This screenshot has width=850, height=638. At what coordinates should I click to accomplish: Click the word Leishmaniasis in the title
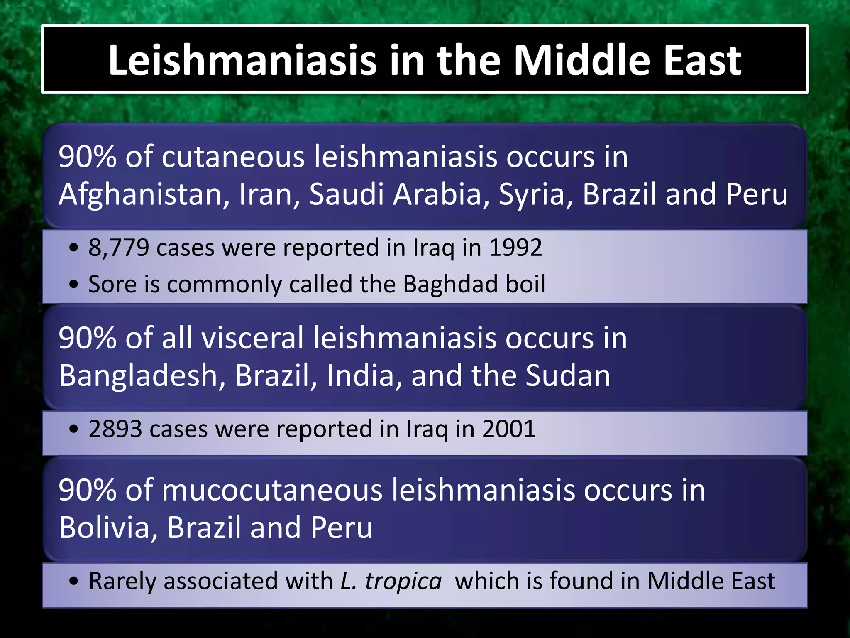(x=242, y=60)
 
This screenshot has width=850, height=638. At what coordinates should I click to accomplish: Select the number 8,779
(x=118, y=248)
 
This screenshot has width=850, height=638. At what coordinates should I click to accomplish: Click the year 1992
(x=515, y=248)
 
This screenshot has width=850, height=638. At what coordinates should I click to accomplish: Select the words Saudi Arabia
(x=399, y=194)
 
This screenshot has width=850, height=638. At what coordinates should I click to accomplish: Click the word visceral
(x=253, y=338)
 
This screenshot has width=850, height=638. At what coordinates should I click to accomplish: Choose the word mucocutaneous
(x=272, y=491)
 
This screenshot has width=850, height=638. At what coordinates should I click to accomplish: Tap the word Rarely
(x=122, y=581)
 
